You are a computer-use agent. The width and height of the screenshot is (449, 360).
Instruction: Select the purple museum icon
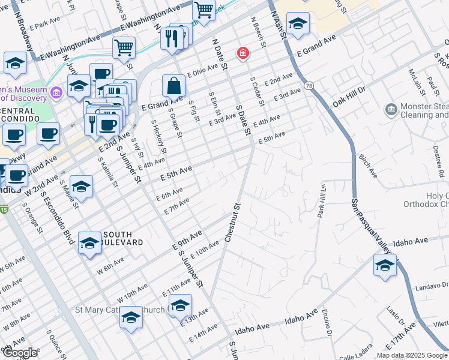57,92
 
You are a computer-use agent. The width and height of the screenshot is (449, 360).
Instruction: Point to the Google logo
20,353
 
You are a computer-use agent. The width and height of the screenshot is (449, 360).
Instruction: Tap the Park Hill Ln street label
321,198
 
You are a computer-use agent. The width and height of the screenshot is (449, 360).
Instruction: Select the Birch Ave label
367,165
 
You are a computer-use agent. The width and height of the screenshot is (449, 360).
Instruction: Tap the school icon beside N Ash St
298,23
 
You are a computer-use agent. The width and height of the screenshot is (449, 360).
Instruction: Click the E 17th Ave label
402,337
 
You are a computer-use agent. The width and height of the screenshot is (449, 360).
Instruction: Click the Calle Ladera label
355,355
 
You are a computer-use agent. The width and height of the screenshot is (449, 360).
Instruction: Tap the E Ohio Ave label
203,71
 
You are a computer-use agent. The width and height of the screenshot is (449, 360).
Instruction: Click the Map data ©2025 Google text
412,355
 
